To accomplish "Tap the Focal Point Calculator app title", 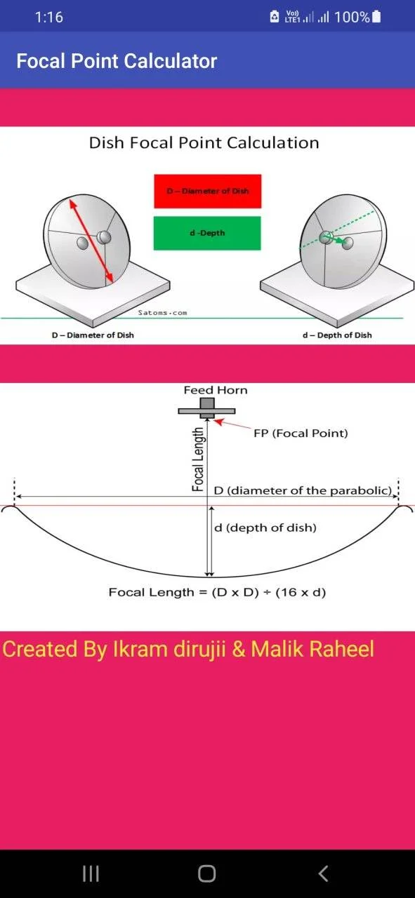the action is (x=117, y=61).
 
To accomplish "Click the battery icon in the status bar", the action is (x=376, y=16).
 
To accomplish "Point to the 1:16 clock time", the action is (x=48, y=17).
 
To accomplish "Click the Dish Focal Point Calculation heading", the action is (x=204, y=142).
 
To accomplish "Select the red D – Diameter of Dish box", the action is (x=208, y=192).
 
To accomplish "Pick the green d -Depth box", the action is (x=207, y=233).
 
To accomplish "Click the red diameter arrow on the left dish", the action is (x=91, y=241).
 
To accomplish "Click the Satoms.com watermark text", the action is (x=162, y=313).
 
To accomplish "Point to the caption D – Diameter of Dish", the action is (x=93, y=335).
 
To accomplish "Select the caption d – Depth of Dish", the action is (x=337, y=335).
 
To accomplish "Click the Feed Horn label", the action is (x=216, y=390).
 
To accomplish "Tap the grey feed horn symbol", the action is (x=206, y=408).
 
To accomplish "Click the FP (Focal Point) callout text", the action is (x=301, y=434).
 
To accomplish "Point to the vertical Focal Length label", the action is (x=198, y=460).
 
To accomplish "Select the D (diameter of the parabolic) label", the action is (x=303, y=490).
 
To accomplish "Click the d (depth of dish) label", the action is (x=265, y=528).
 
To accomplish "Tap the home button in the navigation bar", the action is (x=207, y=873).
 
